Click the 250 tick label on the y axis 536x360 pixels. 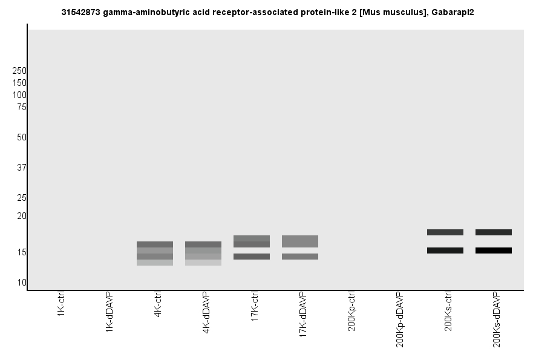coord(19,71)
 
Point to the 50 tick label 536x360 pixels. coord(21,137)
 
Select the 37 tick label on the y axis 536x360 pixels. coord(21,168)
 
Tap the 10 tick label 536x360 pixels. coord(21,283)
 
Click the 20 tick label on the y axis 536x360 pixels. coord(21,216)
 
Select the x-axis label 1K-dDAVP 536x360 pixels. coord(109,311)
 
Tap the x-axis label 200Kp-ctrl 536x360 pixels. coord(351,312)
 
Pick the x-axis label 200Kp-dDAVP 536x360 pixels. coord(400,319)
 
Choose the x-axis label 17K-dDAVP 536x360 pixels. coord(303,314)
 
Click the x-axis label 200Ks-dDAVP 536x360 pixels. coord(497,319)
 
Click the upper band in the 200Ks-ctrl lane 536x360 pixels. coord(445,232)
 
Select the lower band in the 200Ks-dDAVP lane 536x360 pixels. coord(494,250)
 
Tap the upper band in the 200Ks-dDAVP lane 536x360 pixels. coord(494,232)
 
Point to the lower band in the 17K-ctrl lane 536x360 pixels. coord(252,257)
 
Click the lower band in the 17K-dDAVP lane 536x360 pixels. coord(300,257)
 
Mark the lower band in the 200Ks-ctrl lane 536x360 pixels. coord(445,250)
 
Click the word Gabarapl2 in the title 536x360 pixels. coord(452,12)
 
